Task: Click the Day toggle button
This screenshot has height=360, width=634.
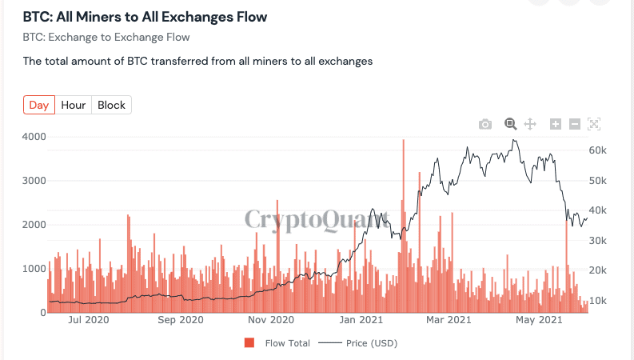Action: click(39, 105)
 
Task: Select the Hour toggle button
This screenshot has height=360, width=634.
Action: click(74, 105)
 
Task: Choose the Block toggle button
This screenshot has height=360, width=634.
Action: click(111, 105)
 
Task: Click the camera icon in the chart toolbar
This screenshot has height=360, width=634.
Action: click(484, 124)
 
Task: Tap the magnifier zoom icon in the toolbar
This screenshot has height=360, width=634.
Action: click(510, 123)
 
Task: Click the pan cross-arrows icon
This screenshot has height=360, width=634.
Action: click(529, 124)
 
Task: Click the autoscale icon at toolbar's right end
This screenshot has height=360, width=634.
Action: click(593, 124)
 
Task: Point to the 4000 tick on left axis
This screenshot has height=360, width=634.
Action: click(34, 137)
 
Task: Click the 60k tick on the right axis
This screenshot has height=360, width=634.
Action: click(600, 150)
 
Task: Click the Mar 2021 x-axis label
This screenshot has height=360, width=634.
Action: click(448, 321)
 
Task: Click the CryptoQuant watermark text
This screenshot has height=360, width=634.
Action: click(317, 220)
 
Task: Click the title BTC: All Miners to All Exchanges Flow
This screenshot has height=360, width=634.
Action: click(145, 17)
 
